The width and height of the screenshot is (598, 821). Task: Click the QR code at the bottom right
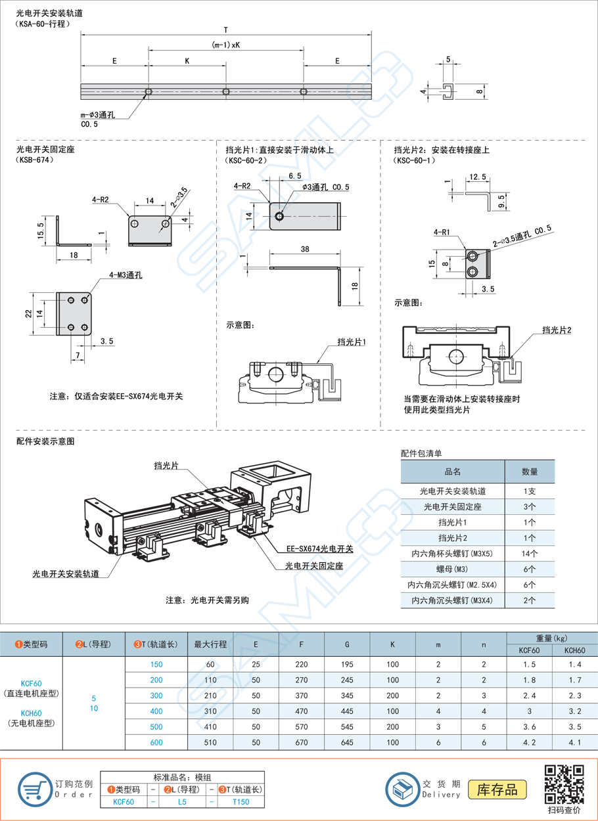pos(565,784)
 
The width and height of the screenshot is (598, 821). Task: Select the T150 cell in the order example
pos(241,801)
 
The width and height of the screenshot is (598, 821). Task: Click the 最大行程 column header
pos(211,644)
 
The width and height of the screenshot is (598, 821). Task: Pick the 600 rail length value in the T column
pos(156,742)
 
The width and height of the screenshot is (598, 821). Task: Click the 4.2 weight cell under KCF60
pos(530,742)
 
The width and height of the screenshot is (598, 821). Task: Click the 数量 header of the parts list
pos(529,472)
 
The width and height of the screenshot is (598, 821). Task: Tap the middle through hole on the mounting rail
pos(226,91)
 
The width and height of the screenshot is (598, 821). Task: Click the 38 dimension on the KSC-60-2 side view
pos(305,250)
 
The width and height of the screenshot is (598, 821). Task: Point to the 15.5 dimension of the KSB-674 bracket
pos(41,231)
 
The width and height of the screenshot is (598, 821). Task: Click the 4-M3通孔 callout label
pos(126,275)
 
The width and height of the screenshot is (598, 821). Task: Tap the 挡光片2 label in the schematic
pos(556,330)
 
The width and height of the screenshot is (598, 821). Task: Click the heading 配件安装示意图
pos(45,441)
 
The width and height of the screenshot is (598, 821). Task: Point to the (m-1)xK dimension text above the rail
pos(225,45)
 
